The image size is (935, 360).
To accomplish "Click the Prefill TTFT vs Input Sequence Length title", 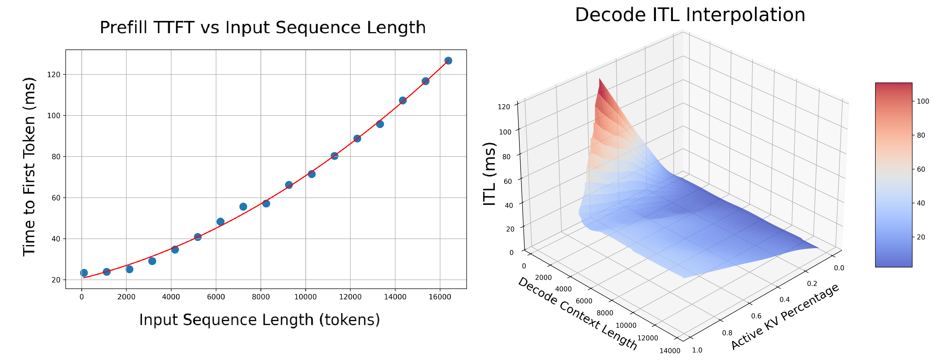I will pyautogui.click(x=262, y=28).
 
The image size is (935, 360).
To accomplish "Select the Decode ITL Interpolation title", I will pyautogui.click(x=690, y=15).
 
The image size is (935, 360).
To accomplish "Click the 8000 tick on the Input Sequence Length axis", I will pyautogui.click(x=261, y=297).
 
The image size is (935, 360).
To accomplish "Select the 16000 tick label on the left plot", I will pyautogui.click(x=440, y=297).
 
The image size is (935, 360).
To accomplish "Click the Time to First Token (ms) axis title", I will pyautogui.click(x=29, y=167).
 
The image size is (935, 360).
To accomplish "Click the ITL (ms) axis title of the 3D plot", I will pyautogui.click(x=489, y=174).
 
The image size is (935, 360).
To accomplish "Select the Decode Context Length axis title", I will pyautogui.click(x=577, y=314).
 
